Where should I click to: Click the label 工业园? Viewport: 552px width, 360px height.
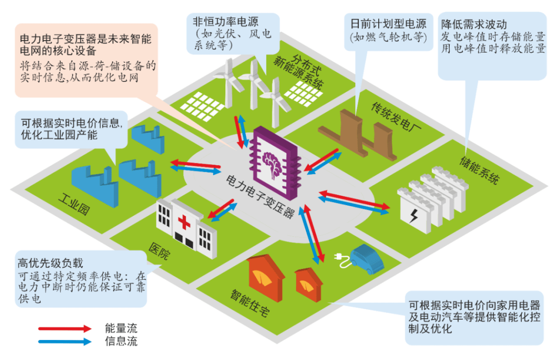(x=74, y=204)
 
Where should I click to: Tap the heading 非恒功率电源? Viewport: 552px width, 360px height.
(x=225, y=21)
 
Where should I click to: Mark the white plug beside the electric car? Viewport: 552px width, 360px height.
(x=341, y=260)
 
